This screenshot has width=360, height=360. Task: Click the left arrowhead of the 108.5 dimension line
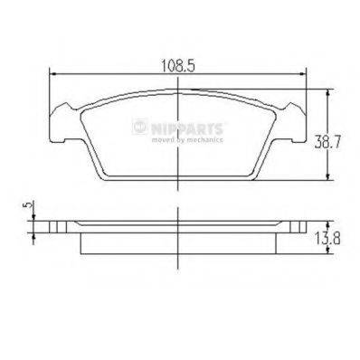coord(51,77)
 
